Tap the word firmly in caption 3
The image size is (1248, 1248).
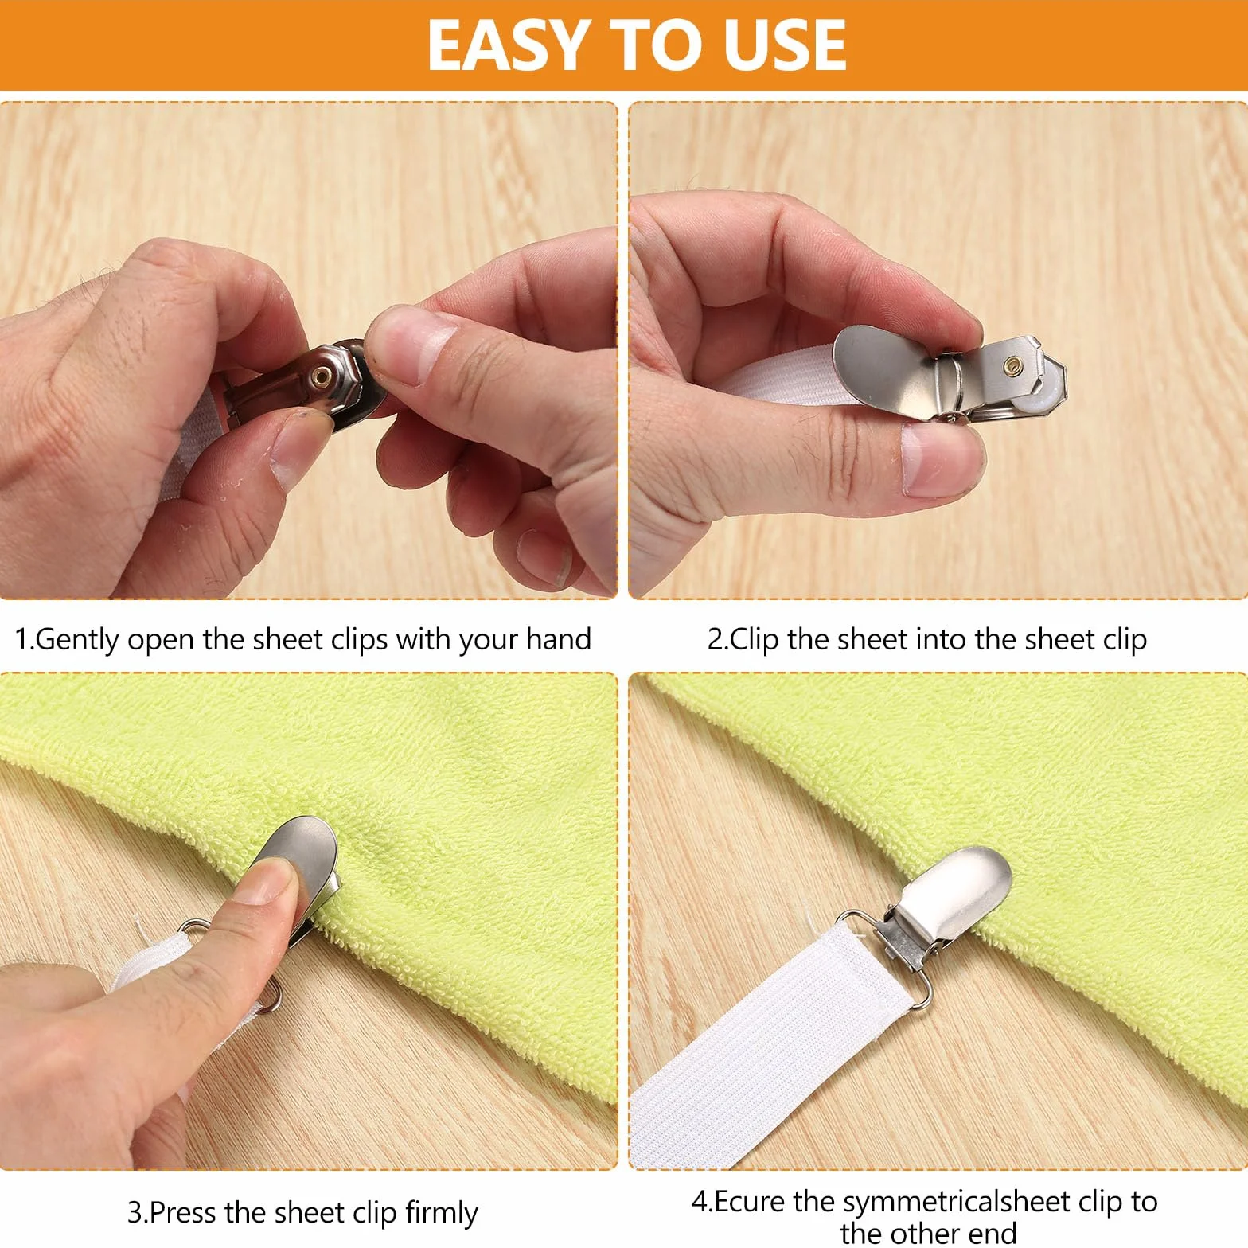(x=441, y=1213)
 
